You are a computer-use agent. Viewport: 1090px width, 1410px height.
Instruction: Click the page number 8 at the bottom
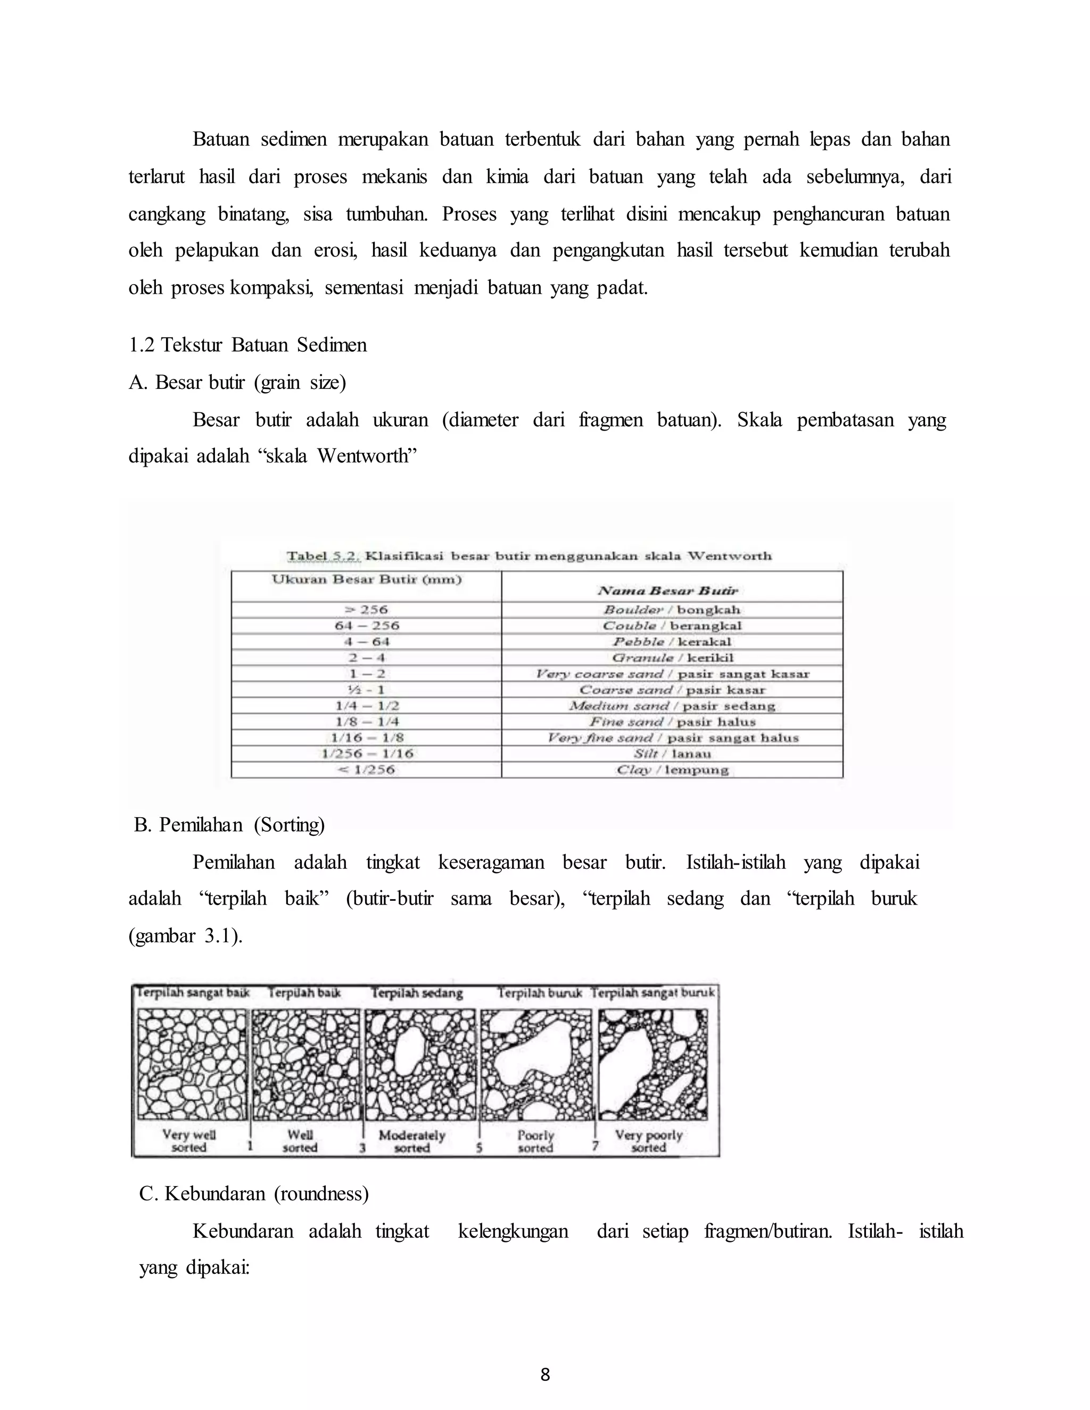545,1374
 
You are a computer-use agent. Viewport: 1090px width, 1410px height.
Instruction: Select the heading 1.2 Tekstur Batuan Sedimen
248,345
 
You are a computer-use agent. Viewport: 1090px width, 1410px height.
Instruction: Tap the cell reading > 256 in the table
366,609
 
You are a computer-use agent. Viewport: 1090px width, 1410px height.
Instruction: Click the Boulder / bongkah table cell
672,609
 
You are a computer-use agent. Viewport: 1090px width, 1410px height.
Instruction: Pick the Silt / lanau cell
672,753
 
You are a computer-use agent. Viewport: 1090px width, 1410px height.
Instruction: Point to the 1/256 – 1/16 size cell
366,753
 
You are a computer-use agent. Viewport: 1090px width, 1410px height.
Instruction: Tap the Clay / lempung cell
672,769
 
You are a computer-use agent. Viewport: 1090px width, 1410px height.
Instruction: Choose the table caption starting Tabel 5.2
530,556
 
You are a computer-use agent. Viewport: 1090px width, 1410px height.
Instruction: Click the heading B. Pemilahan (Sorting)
229,825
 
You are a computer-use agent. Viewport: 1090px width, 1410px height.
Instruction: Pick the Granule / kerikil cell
672,658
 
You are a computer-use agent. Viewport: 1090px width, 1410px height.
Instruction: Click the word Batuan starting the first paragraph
220,139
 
